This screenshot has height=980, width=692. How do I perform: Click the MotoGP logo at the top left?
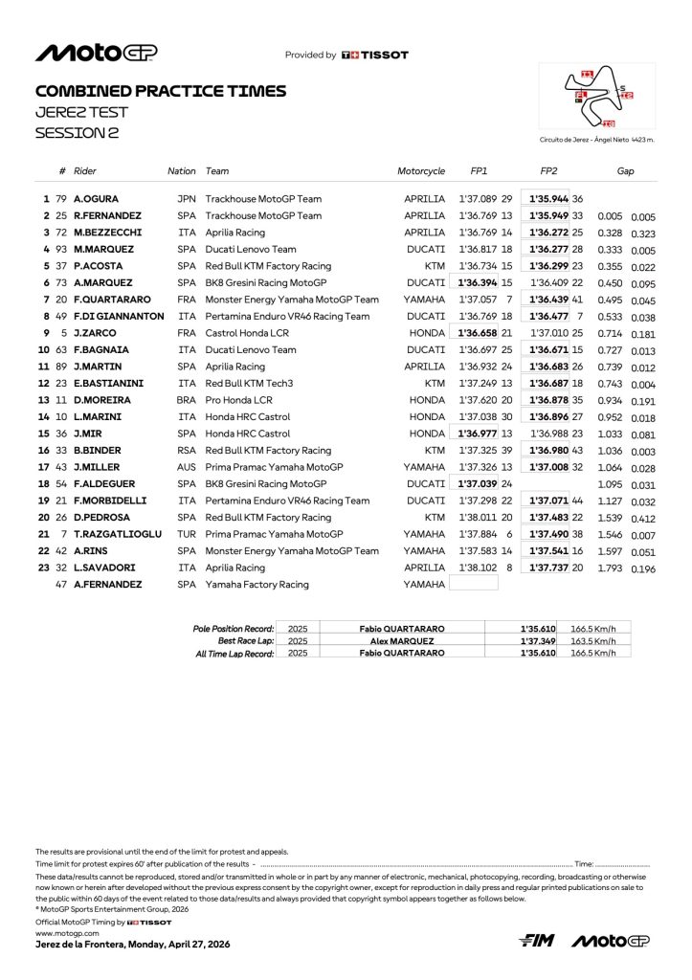click(x=96, y=54)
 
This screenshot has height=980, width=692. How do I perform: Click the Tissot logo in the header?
click(x=374, y=56)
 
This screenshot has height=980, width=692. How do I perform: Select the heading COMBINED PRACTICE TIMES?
click(x=160, y=91)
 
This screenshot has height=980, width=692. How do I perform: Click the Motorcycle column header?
click(x=421, y=171)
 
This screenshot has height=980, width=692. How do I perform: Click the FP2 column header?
click(x=548, y=171)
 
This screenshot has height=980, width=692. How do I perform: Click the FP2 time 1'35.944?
click(x=548, y=198)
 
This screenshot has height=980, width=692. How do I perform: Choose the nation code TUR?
click(x=187, y=534)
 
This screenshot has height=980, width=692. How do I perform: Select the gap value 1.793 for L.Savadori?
click(x=609, y=568)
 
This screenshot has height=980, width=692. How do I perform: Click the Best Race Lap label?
click(x=247, y=640)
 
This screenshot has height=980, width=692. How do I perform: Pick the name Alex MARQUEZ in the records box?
click(x=401, y=640)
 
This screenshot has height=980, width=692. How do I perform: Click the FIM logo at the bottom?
click(x=537, y=941)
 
